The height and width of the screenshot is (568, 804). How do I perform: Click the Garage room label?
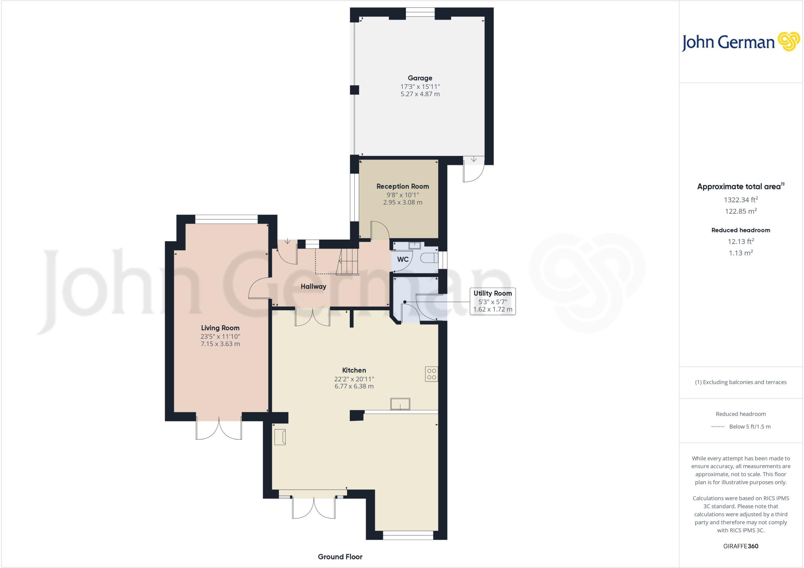tap(420, 78)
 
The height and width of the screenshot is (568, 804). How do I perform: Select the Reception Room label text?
tap(402, 187)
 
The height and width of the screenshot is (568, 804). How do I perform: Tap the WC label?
tap(403, 259)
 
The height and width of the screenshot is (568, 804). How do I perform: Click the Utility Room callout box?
tap(492, 301)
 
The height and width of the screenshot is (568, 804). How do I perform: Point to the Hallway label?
tap(313, 287)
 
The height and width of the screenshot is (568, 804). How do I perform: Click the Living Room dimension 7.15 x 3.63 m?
tap(220, 344)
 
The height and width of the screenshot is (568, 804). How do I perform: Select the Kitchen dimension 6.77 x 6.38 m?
tap(354, 387)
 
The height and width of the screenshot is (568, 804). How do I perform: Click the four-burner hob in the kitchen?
tap(431, 374)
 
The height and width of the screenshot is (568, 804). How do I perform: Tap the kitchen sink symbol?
tap(400, 404)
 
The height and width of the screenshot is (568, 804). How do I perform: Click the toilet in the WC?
tap(429, 258)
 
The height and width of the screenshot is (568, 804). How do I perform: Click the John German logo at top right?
tap(740, 42)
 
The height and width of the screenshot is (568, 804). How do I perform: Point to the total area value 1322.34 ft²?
tap(740, 200)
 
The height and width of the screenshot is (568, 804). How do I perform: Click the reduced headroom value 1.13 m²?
tap(740, 253)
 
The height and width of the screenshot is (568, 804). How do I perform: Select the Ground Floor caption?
tap(340, 557)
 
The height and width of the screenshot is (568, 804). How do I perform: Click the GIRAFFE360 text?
tap(740, 546)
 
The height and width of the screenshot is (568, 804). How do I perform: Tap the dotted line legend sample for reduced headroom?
tap(718, 427)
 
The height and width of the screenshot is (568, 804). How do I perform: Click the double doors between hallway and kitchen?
tap(312, 317)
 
